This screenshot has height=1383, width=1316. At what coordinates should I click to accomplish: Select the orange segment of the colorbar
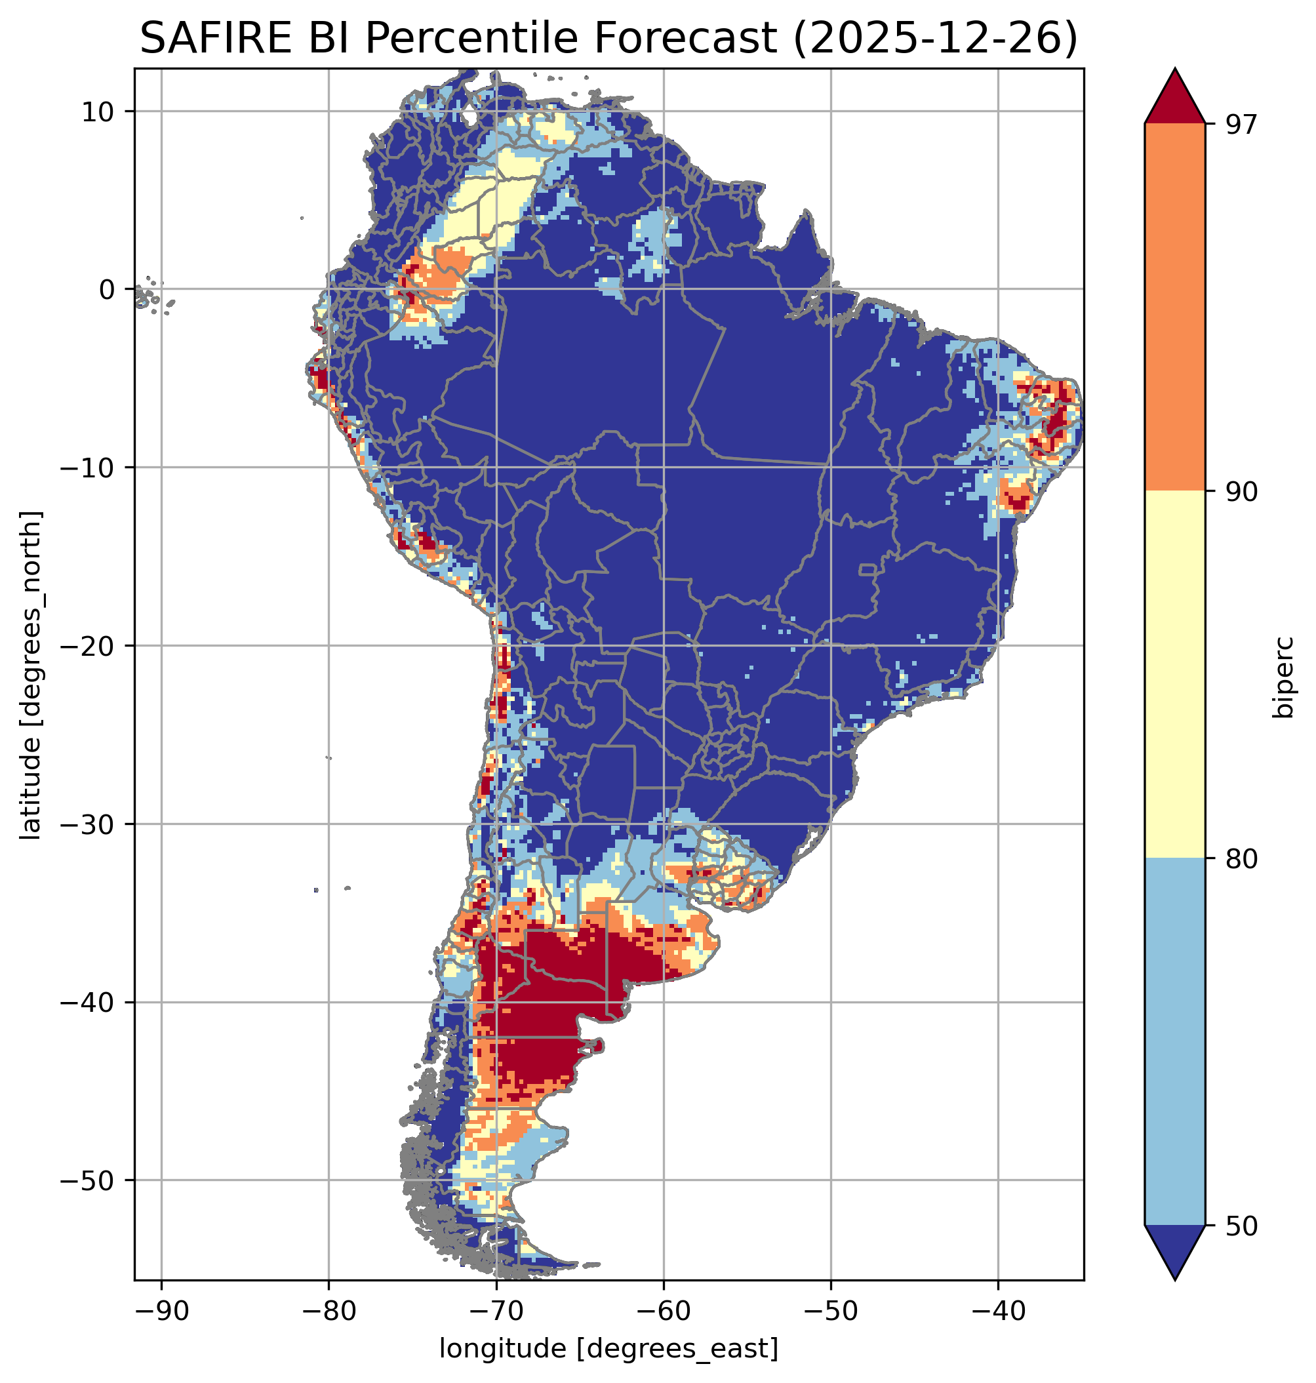pos(1174,308)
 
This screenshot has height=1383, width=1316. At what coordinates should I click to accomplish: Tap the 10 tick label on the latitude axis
pos(98,111)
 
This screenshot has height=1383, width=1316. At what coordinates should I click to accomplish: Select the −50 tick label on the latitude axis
pos(89,1181)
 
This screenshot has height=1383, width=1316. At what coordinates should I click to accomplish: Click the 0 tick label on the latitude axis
pos(107,290)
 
